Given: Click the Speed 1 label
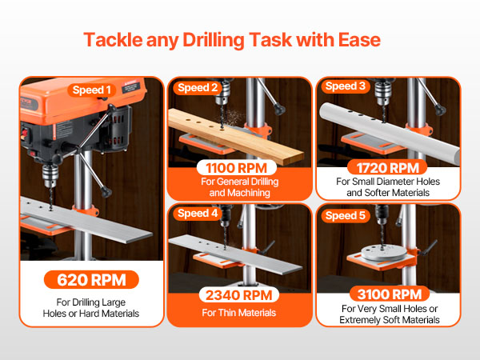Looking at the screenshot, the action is (91, 90).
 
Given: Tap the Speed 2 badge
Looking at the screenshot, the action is (198, 87).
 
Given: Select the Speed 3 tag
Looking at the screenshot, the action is (346, 86).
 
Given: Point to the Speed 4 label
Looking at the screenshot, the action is (198, 213).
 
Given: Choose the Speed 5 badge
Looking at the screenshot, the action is (346, 215).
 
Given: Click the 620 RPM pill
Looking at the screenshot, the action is (91, 279).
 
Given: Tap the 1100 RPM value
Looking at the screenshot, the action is (236, 168).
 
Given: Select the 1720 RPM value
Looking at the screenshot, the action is (387, 168).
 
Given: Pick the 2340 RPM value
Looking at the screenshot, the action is (238, 295).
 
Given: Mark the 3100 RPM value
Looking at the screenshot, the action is (390, 294).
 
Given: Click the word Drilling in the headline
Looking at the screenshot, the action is (213, 40).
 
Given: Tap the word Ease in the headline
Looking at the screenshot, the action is (359, 40).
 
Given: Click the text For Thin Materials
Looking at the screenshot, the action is (238, 313).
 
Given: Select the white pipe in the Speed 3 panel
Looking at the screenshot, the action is (389, 130).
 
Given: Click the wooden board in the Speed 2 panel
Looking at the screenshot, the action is (236, 134).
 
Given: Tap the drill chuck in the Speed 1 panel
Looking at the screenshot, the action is (50, 176).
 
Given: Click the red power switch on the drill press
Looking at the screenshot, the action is (25, 134).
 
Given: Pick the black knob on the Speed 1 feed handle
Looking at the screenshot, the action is (106, 192).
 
